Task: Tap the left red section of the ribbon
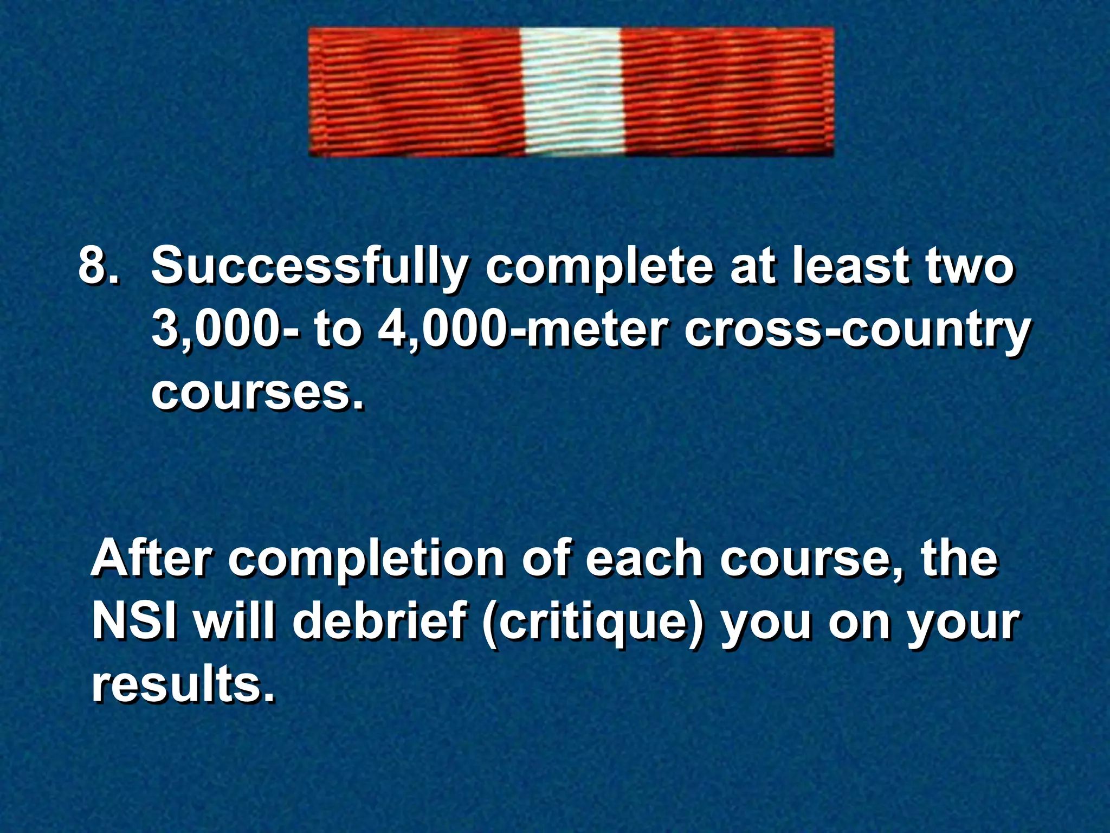(415, 92)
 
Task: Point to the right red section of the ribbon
(726, 92)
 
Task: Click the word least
(851, 266)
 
